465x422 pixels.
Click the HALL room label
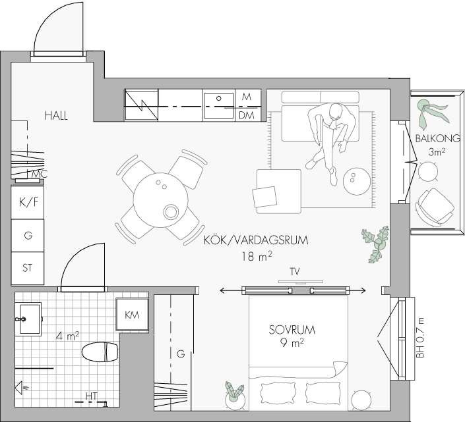coord(56,115)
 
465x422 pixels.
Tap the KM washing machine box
coord(132,315)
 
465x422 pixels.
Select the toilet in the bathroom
coord(100,352)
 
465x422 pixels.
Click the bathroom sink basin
coord(30,319)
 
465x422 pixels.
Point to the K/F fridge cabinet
coord(28,202)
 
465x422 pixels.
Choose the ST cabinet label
coord(27,268)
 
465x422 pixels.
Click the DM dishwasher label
coord(247,115)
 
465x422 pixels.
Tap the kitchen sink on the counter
coord(219,105)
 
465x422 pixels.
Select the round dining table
coord(161,200)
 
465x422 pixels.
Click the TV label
coord(294,272)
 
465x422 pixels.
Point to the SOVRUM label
coord(292,330)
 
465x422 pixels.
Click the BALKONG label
coord(438,138)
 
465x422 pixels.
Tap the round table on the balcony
coord(427,171)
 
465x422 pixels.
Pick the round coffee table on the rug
coord(357,182)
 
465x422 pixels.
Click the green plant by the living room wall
coord(375,244)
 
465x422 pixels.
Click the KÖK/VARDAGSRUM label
coord(256,240)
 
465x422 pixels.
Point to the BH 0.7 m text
coord(420,338)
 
